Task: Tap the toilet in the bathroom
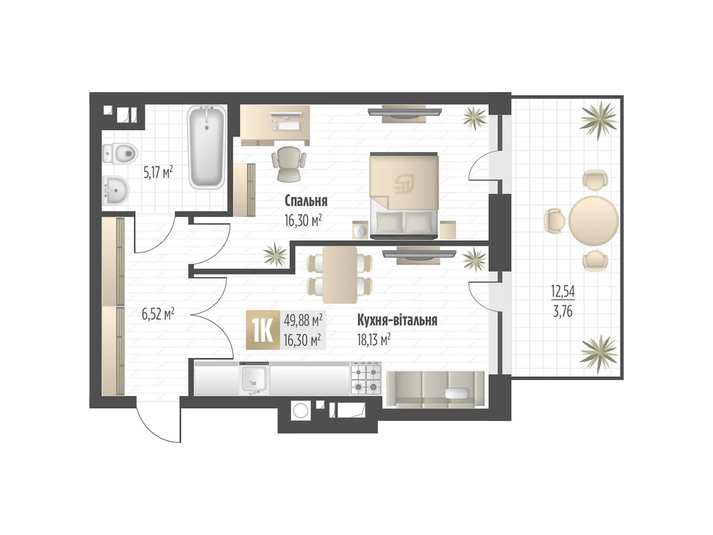coord(119,153)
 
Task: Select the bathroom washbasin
coord(115,191)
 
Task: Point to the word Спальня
coord(306,201)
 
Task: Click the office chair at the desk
coord(289,164)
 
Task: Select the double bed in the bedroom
coord(404,196)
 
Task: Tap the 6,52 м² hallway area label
coord(158,314)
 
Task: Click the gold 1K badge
coord(263,330)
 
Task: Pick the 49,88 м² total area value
coord(303,321)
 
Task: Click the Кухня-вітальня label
coord(397,320)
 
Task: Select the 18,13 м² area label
coord(373,340)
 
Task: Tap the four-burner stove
coord(366,379)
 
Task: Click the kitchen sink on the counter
coord(254,379)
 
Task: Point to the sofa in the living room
coord(435,390)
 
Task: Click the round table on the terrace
coord(594,221)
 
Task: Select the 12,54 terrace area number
coord(563,291)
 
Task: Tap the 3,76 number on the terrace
coord(563,312)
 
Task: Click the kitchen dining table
coord(340,275)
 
